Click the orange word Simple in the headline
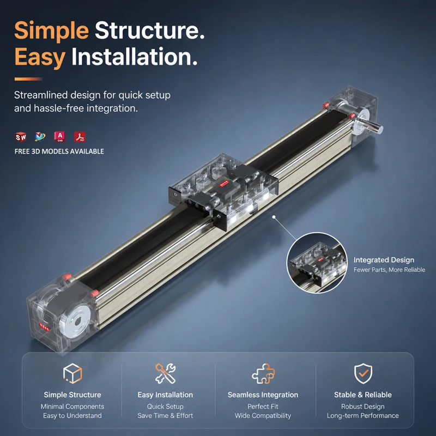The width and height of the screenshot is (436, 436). (x=51, y=31)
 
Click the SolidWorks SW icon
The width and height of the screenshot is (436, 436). (x=21, y=137)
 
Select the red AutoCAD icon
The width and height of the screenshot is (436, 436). (x=59, y=137)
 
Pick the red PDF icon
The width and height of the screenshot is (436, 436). (x=80, y=137)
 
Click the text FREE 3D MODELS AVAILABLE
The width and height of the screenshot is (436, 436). (x=59, y=152)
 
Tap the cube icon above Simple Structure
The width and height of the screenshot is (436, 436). (x=72, y=373)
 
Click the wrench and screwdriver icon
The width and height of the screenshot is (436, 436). (x=166, y=373)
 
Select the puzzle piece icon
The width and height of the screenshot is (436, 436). (x=263, y=373)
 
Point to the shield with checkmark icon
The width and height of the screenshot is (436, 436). (x=363, y=373)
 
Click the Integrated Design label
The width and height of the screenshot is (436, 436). (x=384, y=260)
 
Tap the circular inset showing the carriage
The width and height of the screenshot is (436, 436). (x=317, y=263)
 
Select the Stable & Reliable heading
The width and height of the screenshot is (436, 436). (x=363, y=395)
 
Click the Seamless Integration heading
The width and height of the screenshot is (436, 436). (x=263, y=395)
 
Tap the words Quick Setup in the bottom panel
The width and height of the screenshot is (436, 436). (x=165, y=407)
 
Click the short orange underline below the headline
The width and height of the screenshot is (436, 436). (x=28, y=79)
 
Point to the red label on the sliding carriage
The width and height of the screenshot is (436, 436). (x=224, y=183)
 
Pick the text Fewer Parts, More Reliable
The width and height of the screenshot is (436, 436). (x=389, y=270)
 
